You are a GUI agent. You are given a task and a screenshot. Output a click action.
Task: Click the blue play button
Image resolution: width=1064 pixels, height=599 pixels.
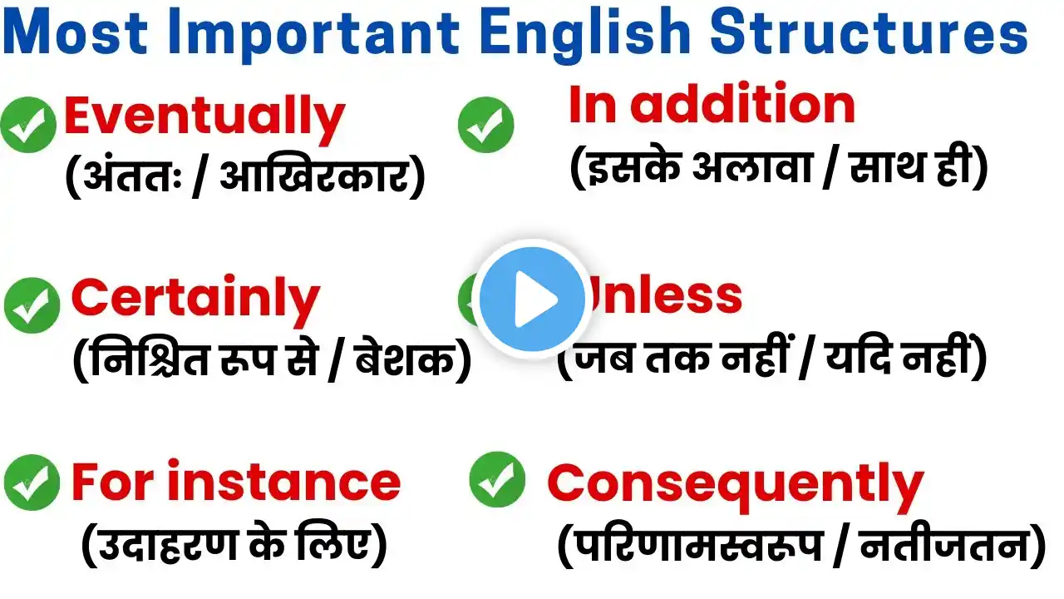[532, 299]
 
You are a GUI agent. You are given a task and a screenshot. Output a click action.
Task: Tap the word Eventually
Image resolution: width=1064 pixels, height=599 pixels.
[204, 120]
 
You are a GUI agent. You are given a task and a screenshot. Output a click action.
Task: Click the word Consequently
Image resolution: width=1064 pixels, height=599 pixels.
[736, 485]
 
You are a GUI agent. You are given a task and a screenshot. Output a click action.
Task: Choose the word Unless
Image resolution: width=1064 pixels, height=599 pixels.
[664, 295]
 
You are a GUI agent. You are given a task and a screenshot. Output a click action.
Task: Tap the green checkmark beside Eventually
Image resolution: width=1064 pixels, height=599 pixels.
[28, 125]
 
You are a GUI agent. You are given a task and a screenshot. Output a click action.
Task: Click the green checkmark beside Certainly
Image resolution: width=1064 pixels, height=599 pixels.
[32, 305]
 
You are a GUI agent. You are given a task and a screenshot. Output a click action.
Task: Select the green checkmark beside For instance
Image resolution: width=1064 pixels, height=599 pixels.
[32, 483]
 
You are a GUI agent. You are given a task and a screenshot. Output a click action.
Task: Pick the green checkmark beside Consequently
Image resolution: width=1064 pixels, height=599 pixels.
[497, 479]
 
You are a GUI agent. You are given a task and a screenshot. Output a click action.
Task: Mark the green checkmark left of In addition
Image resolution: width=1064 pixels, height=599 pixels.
[486, 125]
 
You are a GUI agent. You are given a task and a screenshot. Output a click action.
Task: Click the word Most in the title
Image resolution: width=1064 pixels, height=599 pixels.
[75, 32]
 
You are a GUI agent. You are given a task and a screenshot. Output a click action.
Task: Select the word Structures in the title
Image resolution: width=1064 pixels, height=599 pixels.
[869, 33]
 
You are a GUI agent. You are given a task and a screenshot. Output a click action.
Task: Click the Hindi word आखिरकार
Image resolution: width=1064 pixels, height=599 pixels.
[314, 174]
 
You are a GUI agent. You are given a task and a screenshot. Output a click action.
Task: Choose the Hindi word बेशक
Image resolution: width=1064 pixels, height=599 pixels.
[404, 359]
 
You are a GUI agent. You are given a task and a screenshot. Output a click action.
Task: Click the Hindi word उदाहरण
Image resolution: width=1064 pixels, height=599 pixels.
[167, 545]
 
